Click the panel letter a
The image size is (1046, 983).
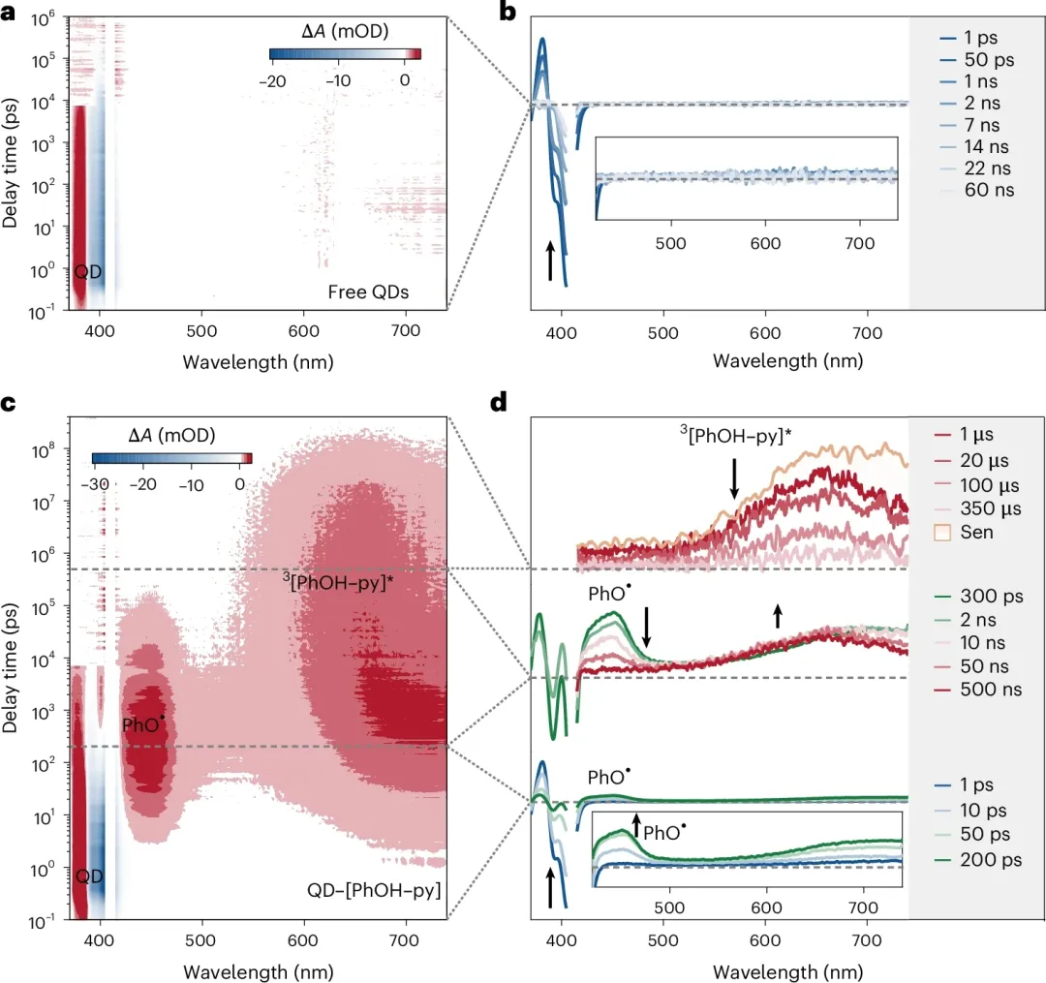(x=13, y=13)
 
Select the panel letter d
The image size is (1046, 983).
(x=500, y=401)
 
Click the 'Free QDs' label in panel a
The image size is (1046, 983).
(x=395, y=290)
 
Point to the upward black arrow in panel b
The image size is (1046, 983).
(x=550, y=261)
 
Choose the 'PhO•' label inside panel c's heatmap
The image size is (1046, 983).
(x=142, y=723)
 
